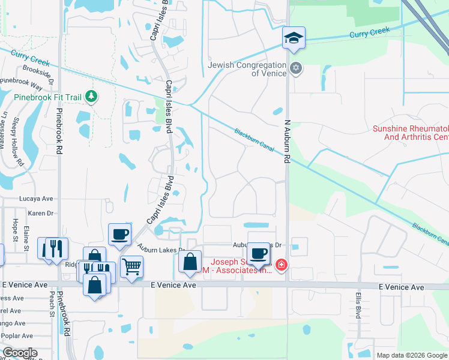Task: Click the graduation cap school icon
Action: (294, 38)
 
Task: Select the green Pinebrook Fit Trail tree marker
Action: (91, 96)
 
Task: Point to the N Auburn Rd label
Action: (287, 142)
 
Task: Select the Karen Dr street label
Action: (41, 213)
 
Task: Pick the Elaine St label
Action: (26, 234)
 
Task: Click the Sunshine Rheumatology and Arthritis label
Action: (411, 133)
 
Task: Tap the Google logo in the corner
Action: (20, 353)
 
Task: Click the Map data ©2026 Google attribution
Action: (411, 355)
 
